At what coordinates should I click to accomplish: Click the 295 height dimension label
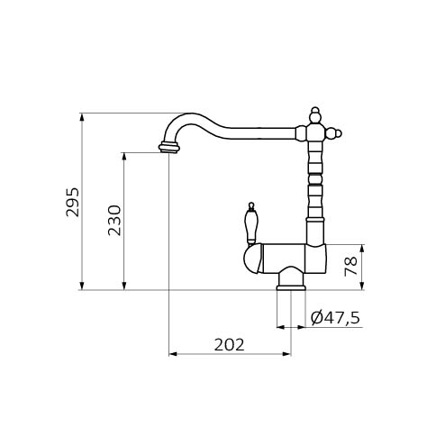click(x=73, y=202)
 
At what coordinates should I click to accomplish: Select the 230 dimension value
click(x=114, y=220)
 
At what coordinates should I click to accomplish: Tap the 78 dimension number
click(x=350, y=266)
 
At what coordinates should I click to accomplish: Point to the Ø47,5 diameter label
click(x=335, y=318)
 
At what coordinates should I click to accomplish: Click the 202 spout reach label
click(x=230, y=345)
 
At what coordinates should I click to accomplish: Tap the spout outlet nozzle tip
click(x=169, y=147)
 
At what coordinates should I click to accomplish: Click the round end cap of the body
click(x=252, y=259)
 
